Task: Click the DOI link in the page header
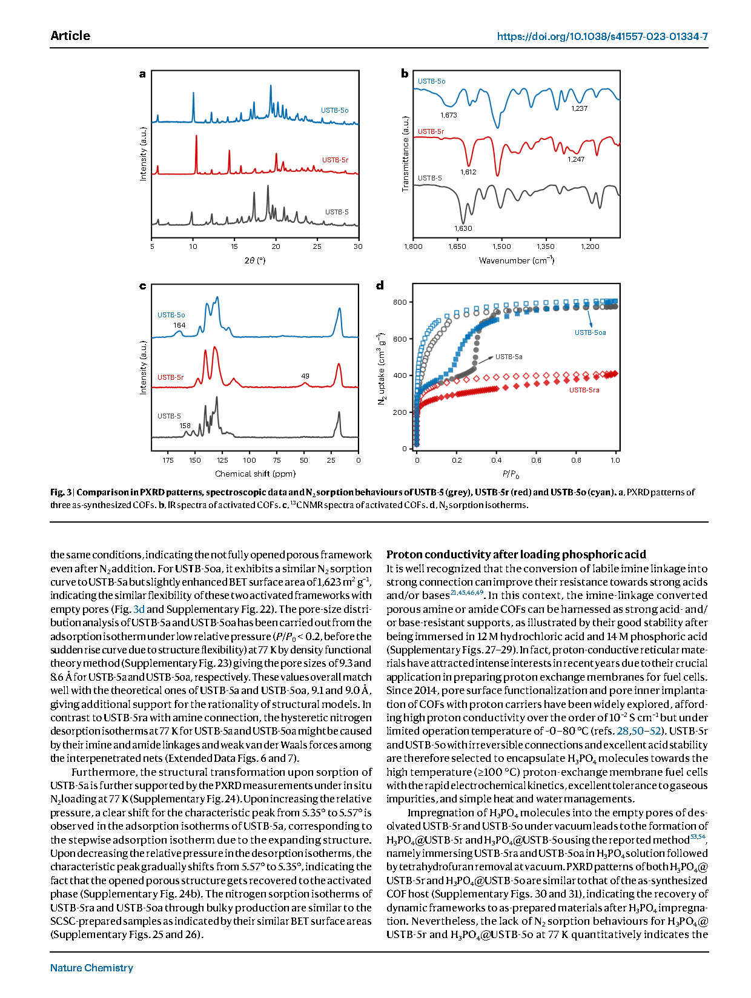pos(603,36)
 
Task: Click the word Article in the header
pos(70,36)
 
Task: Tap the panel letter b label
pos(404,74)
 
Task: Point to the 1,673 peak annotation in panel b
pos(449,115)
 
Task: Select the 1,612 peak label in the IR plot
pos(468,172)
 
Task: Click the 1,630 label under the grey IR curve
pos(463,228)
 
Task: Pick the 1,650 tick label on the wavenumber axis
pos(457,246)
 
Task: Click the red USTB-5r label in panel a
pos(335,160)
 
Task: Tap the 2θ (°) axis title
pos(254,260)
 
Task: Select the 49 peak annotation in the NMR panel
pos(305,376)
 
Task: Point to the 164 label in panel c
pos(179,325)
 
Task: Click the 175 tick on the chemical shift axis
pos(168,460)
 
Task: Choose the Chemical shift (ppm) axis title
pos(255,474)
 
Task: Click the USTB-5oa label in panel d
pos(590,332)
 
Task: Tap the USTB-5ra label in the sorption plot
pos(584,390)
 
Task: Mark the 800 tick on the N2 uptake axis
pos(400,302)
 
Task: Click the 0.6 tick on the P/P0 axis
pos(537,460)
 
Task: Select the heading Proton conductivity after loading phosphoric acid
pos(516,554)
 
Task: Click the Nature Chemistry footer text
pos(91,968)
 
